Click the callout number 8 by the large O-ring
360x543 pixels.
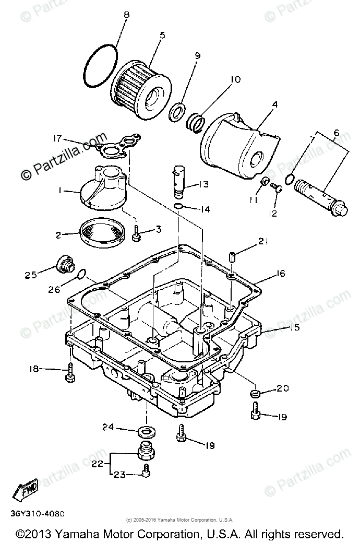pos(126,15)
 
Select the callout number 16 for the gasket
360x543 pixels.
pos(281,273)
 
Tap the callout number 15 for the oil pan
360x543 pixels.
pos(295,328)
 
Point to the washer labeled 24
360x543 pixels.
pos(147,431)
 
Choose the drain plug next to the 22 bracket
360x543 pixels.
pos(147,450)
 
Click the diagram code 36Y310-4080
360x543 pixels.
pos(37,513)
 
